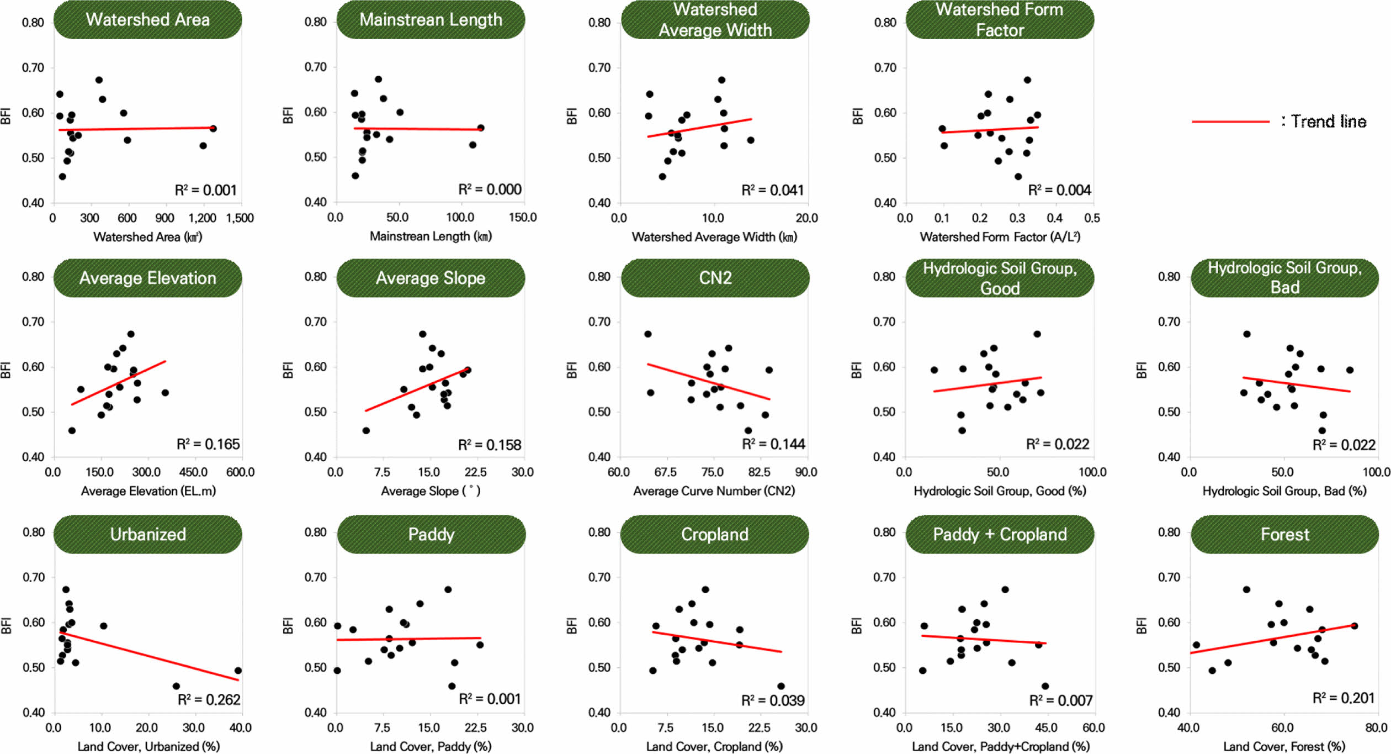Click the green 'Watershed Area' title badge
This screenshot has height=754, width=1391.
147,20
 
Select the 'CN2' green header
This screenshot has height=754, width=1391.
715,278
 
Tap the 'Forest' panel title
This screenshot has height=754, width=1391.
1284,534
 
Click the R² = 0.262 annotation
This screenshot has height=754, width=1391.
209,700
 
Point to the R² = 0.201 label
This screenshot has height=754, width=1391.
1343,698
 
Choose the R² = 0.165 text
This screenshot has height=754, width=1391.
208,444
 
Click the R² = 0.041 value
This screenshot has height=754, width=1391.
772,190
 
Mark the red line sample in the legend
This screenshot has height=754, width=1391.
1230,122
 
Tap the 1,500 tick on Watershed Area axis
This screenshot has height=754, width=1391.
240,218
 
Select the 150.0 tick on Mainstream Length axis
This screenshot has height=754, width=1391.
522,217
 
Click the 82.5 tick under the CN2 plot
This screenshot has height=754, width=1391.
759,472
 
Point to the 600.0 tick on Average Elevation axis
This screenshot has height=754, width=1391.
240,472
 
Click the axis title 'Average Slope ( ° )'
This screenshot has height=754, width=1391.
431,491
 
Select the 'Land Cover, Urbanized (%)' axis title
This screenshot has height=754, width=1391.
148,747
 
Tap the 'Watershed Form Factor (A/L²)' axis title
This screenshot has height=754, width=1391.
1000,237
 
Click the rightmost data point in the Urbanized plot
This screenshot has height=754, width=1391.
238,671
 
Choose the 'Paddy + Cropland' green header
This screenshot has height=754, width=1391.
1000,534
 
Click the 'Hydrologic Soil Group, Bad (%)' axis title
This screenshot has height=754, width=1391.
1284,491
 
